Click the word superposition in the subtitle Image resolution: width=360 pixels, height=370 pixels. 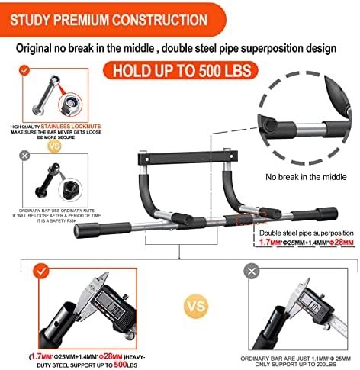(x=280, y=48)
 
